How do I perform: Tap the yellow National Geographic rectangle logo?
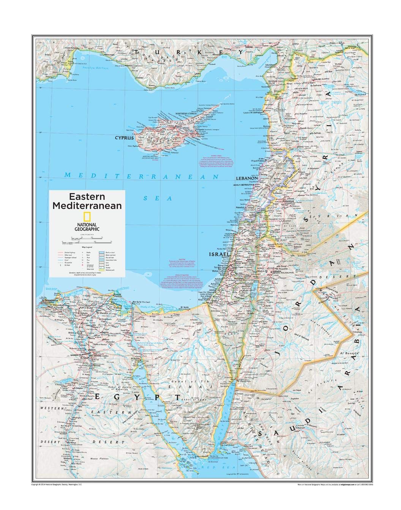pos(87,217)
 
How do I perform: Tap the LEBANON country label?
pos(247,178)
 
